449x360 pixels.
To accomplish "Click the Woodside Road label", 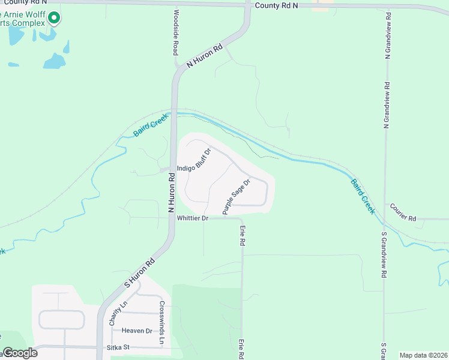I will point(176,32).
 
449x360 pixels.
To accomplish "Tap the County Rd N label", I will point(276,5).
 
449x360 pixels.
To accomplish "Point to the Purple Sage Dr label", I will point(235,197).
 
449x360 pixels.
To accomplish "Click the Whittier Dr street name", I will point(192,218).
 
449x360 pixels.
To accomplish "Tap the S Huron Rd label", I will point(140,272).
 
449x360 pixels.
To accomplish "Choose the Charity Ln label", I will point(117,313).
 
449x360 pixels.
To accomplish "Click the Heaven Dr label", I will point(137,331).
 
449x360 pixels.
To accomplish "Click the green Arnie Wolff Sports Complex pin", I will point(54,18).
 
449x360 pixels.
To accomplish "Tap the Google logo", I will point(20,353).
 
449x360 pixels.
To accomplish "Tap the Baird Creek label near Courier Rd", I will point(363,195).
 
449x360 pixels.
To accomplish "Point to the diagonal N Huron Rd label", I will point(205,55).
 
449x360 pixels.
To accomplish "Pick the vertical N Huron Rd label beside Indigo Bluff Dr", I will point(171,194).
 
